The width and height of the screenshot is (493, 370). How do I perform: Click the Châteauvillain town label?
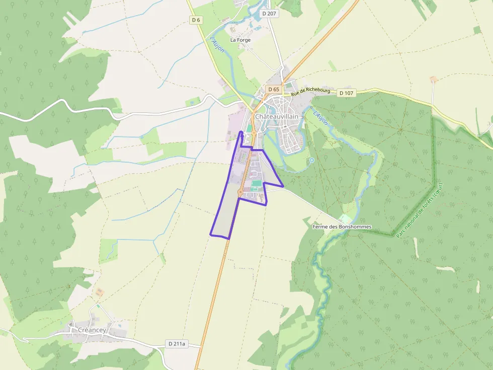[276, 116]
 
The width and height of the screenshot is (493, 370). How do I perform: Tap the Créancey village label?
[92, 330]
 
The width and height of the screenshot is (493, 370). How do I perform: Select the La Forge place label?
[240, 40]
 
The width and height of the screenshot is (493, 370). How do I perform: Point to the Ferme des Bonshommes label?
[342, 227]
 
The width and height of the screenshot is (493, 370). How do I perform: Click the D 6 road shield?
[196, 20]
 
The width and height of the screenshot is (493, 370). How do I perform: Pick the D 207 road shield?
[269, 14]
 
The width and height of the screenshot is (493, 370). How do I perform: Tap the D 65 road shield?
[273, 89]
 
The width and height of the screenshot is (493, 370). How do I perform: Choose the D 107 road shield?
[346, 93]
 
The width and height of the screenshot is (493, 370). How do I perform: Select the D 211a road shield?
[176, 344]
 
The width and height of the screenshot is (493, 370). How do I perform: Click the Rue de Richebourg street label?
[311, 92]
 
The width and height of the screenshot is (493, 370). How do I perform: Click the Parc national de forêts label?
[419, 210]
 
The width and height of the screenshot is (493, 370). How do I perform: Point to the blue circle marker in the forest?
[311, 160]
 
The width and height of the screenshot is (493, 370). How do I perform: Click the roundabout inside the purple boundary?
[240, 192]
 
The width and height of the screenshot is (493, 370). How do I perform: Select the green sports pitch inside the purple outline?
[257, 184]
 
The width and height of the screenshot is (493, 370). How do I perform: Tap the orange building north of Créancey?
[100, 291]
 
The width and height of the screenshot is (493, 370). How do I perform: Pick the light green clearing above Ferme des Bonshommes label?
[345, 219]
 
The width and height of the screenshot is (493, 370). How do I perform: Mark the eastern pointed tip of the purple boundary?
[284, 187]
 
